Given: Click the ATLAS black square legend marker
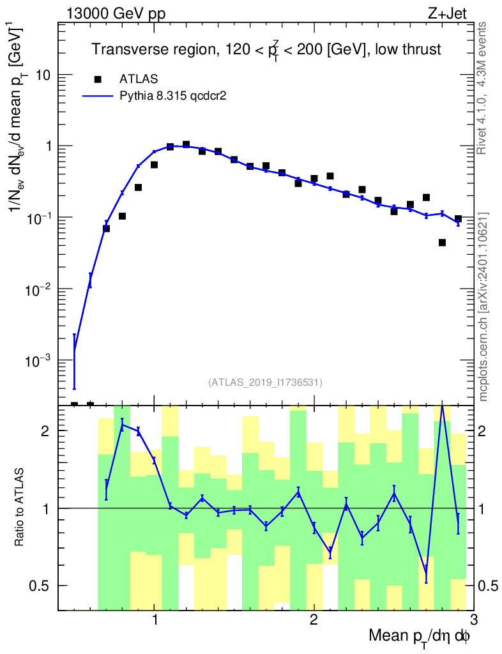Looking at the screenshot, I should point(98,79).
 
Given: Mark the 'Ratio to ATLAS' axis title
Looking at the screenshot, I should point(20,508).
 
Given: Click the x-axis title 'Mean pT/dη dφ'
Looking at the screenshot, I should point(420,637).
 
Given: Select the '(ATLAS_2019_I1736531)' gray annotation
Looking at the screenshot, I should point(265,383).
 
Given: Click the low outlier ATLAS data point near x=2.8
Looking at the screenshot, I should point(442,243).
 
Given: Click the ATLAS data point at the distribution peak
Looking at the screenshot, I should point(186,145).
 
